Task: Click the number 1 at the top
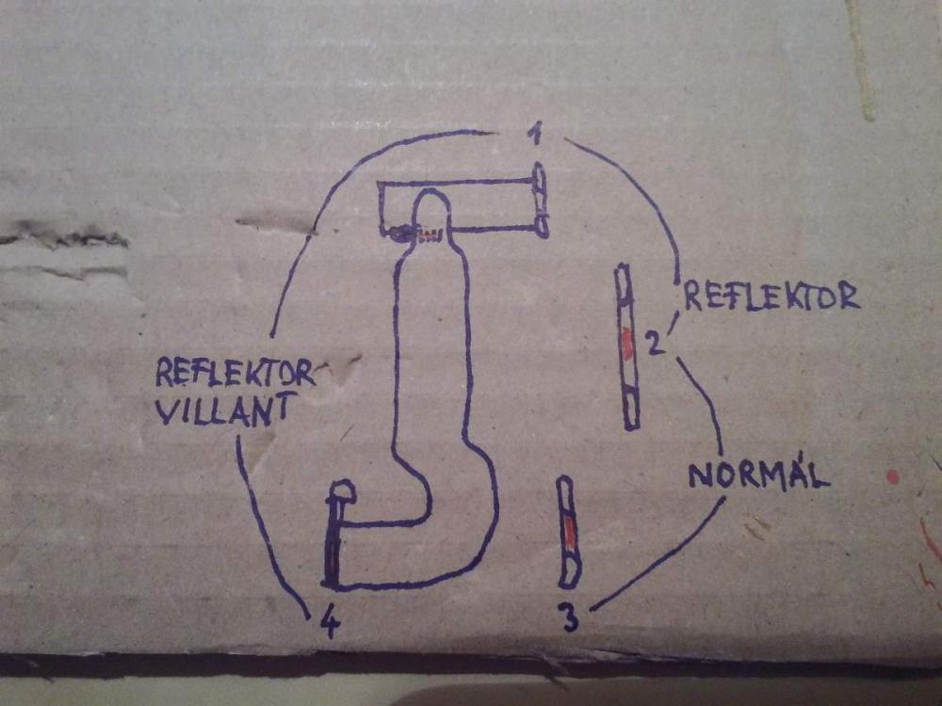pos(534,136)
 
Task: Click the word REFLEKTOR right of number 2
pos(771,296)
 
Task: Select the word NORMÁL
pos(758,474)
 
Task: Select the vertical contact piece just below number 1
pos(540,201)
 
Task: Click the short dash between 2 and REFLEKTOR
pos(673,324)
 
